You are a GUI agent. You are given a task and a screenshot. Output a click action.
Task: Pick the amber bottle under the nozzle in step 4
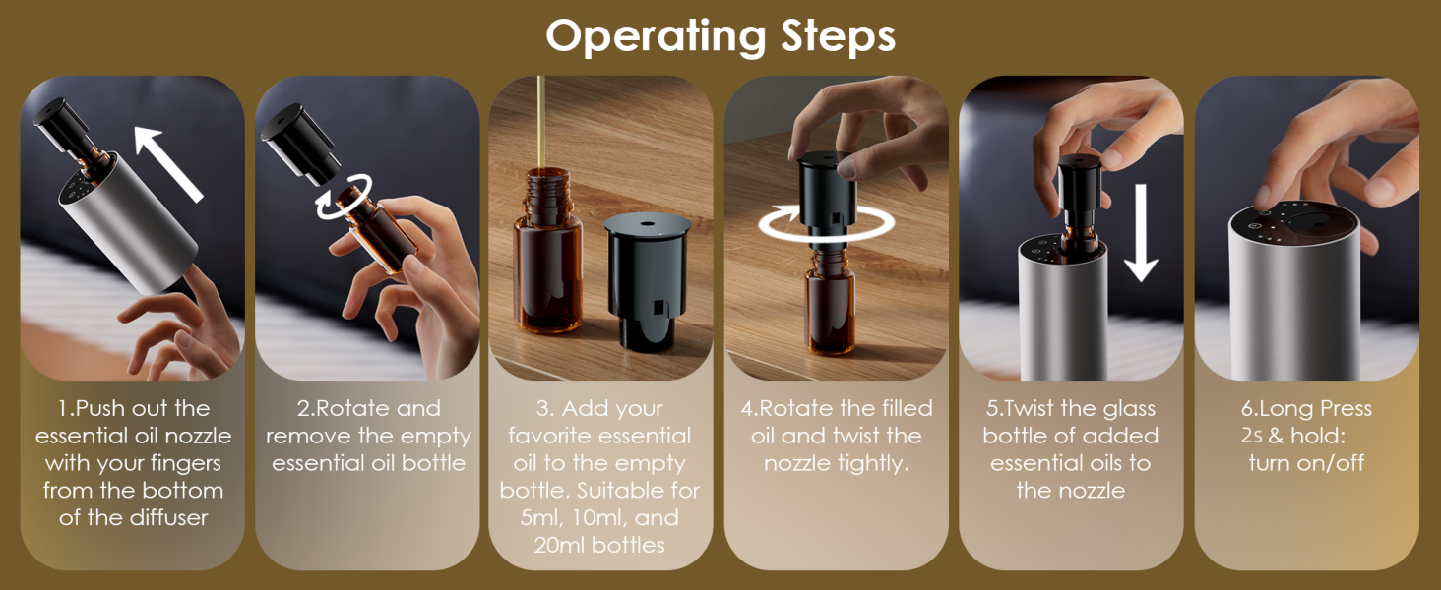(829, 305)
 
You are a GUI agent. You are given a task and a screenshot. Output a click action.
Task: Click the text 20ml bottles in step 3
(599, 545)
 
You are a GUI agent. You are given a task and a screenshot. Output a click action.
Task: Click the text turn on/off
(1306, 462)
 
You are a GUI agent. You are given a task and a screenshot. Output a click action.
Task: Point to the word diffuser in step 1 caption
(170, 517)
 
